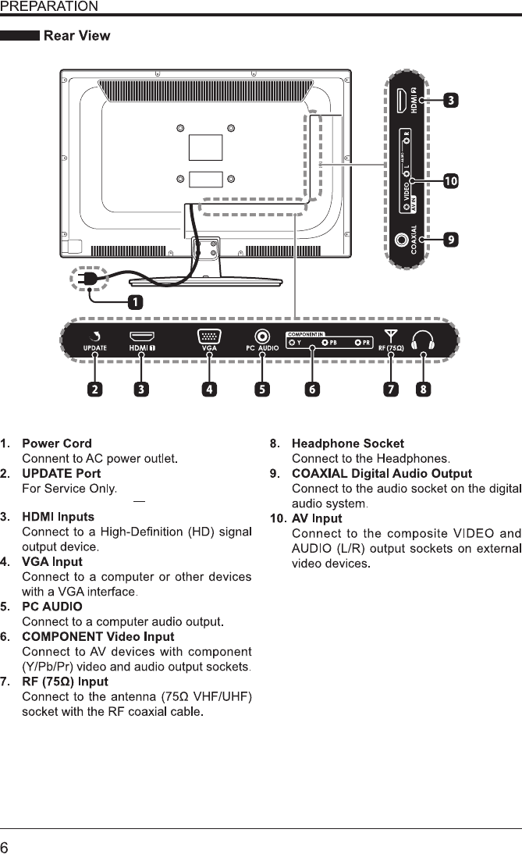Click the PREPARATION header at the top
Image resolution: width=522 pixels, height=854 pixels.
(49, 7)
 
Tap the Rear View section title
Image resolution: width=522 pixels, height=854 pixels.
(76, 36)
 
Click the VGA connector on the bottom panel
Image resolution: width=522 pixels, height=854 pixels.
(208, 337)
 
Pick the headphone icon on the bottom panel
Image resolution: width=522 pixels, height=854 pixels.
(424, 340)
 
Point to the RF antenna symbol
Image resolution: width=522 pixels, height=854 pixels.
(390, 336)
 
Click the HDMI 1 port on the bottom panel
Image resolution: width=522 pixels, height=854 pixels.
(141, 336)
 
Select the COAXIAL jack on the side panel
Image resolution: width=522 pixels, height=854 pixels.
(405, 240)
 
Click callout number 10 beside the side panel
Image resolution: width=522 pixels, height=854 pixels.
(450, 182)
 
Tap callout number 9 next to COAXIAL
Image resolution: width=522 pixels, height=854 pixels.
(450, 240)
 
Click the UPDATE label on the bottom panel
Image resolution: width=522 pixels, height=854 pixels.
(95, 348)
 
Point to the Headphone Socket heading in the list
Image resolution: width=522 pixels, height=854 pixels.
(347, 443)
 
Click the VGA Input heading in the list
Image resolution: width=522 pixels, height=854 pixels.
(51, 561)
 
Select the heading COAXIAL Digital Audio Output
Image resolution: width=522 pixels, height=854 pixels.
(382, 473)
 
